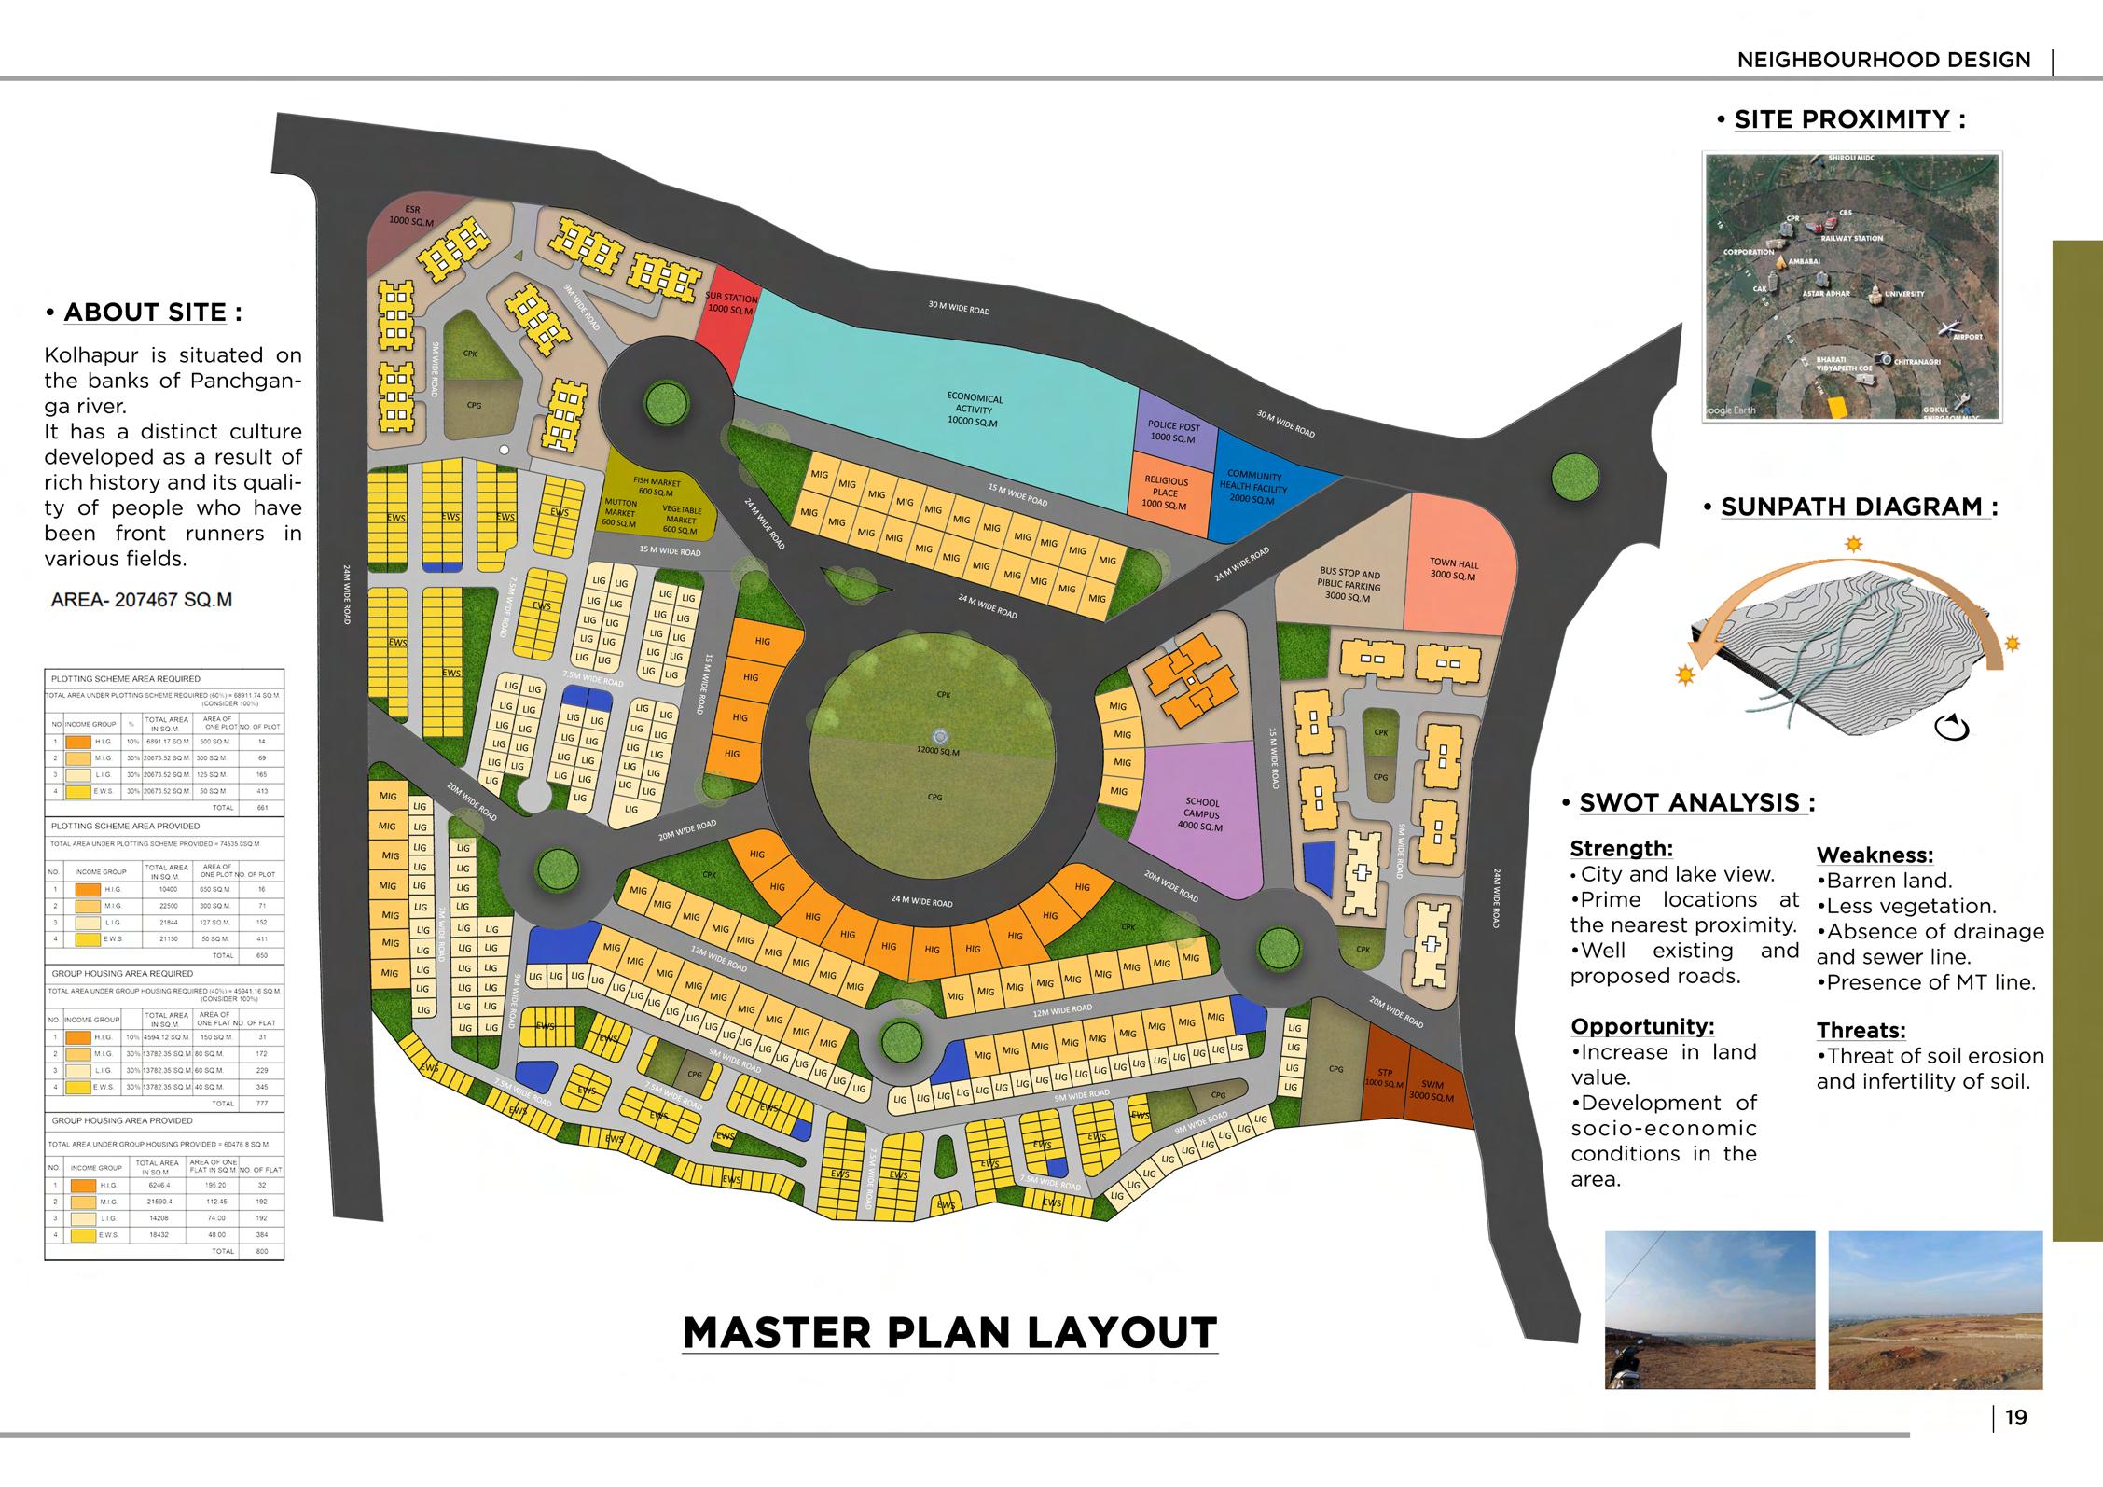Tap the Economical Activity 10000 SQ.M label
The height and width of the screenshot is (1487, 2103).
coord(974,410)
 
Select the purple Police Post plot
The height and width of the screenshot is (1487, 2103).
coord(1172,432)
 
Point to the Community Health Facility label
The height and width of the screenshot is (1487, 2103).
coord(1256,487)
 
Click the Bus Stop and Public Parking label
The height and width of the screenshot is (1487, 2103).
coord(1349,585)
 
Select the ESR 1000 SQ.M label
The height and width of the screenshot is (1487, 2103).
coord(412,215)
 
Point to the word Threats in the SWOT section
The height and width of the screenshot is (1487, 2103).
coord(1861,1031)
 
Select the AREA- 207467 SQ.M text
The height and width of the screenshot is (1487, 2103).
coord(141,600)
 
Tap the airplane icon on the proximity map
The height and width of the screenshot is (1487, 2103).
coord(1947,327)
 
